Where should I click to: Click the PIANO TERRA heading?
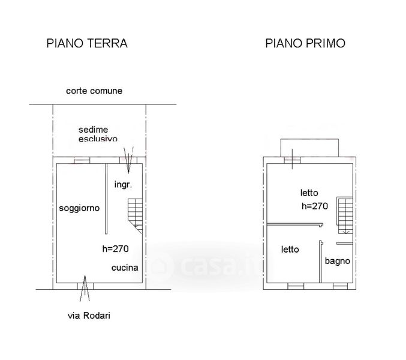[x=87, y=43]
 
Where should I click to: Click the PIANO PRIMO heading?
[x=305, y=43]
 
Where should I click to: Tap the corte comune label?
[x=94, y=91]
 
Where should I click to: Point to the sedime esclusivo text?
[x=98, y=134]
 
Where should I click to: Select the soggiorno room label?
[x=79, y=208]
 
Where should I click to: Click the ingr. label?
[x=124, y=185]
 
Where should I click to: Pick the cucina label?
[x=125, y=268]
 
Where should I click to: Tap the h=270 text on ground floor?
[x=116, y=249]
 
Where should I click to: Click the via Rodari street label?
[x=89, y=316]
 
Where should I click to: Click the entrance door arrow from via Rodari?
[x=85, y=289]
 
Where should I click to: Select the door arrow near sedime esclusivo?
[x=128, y=160]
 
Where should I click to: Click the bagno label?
[x=338, y=261]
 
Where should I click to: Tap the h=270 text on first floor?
[x=315, y=206]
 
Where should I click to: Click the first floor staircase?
[x=345, y=215]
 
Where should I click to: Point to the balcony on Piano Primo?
[x=309, y=148]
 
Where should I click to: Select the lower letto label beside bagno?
[x=290, y=250]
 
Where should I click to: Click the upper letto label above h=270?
[x=309, y=193]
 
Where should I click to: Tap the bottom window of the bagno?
[x=341, y=286]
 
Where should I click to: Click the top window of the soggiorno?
[x=82, y=160]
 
